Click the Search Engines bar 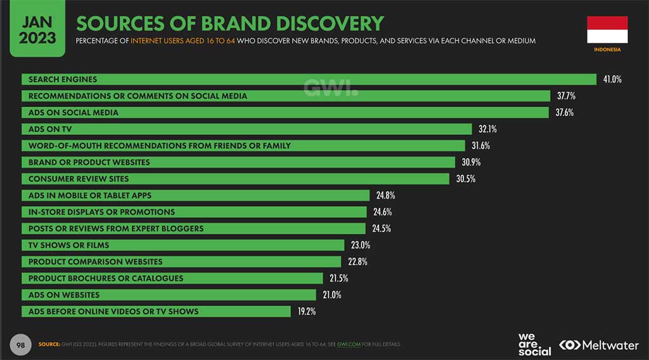pos(309,79)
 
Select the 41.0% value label pos(612,79)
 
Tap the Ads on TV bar pos(247,129)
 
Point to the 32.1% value pos(487,129)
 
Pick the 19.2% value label pos(305,311)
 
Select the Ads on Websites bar pos(169,295)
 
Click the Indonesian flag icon pos(607,29)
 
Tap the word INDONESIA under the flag pos(607,49)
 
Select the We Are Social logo pos(534,344)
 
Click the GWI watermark pos(330,88)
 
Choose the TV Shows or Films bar pos(183,245)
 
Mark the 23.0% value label pos(361,245)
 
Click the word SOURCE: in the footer pos(49,345)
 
